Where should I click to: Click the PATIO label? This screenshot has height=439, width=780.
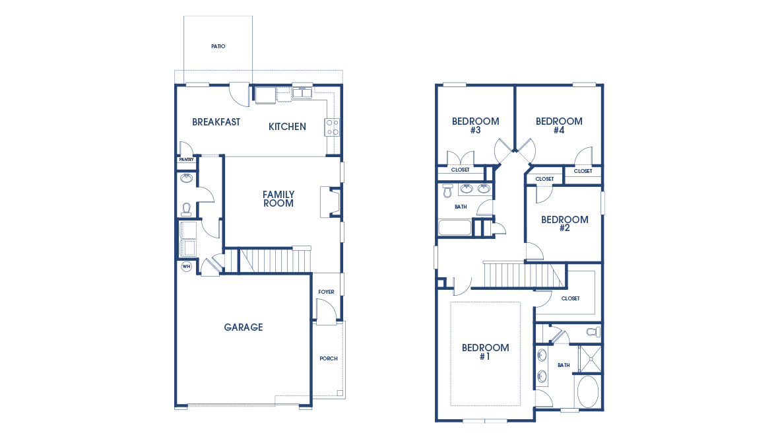[218, 47]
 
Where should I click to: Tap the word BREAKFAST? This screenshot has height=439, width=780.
[216, 122]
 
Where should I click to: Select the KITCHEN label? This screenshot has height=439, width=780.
[287, 127]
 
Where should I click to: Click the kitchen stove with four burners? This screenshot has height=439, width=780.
[332, 127]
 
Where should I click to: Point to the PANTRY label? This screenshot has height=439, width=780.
[186, 160]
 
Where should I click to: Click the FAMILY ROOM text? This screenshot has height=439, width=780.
[278, 199]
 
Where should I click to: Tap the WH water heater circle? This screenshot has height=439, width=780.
[186, 267]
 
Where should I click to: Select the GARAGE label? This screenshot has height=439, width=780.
[243, 327]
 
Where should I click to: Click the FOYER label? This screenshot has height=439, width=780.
[326, 292]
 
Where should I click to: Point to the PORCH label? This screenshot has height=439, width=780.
[328, 358]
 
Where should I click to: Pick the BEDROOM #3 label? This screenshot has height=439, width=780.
[475, 125]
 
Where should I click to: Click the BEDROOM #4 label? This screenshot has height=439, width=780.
[559, 125]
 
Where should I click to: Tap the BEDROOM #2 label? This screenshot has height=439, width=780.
[564, 224]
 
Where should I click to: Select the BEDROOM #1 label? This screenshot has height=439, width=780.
[485, 352]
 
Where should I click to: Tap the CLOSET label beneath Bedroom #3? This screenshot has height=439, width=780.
[460, 170]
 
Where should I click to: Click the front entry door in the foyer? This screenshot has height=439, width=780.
[325, 312]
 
